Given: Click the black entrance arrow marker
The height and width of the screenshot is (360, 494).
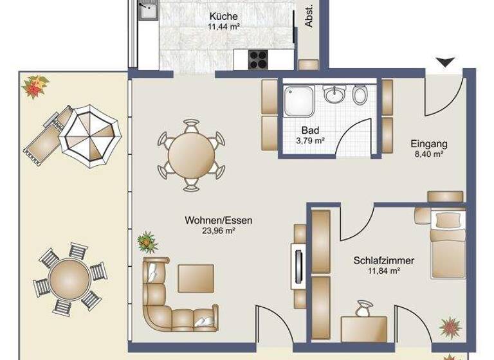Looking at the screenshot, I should tap(445, 62).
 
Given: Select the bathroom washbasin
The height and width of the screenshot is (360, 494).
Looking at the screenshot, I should tap(334, 95).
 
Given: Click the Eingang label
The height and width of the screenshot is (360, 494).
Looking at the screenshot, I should tap(429, 144).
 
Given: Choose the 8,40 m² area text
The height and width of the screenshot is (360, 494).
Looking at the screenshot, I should tap(429, 154).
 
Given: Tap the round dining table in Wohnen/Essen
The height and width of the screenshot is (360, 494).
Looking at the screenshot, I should tap(192, 155).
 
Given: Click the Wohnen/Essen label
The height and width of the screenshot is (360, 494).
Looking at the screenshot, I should tap(219, 221).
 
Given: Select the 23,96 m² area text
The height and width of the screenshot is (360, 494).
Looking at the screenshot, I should tap(219, 231).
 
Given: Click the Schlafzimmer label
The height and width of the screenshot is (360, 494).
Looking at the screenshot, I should tap(383, 261).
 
